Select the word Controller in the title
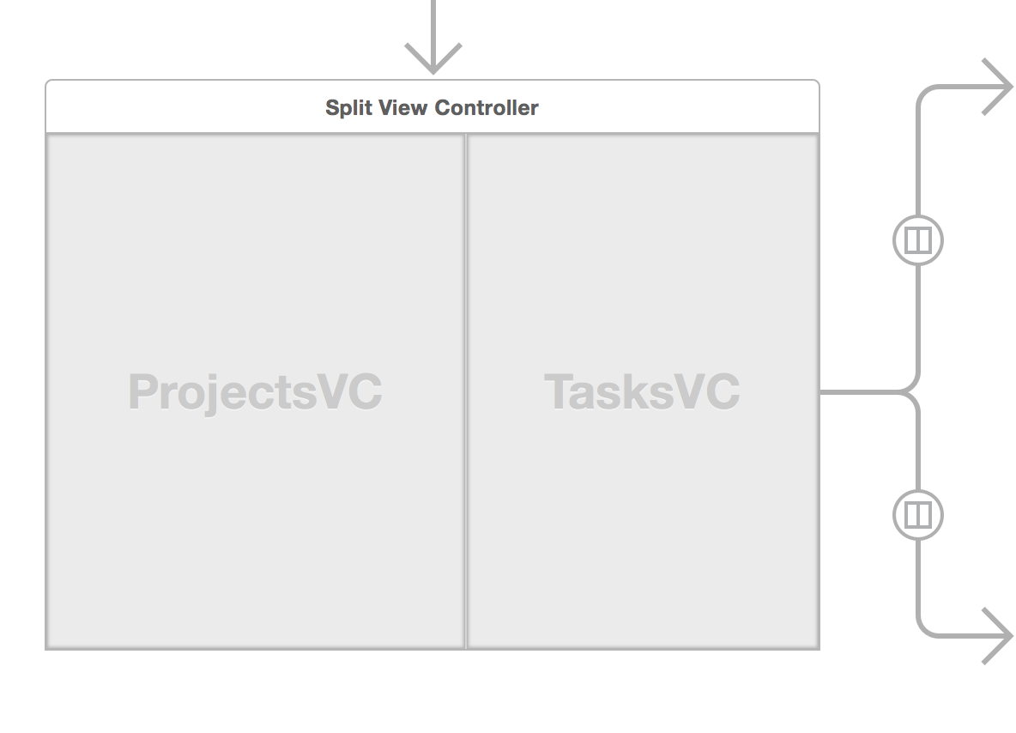(x=487, y=108)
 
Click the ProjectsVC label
(x=255, y=392)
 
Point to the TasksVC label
(x=642, y=392)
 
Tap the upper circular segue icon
(x=918, y=239)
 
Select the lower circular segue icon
(x=918, y=515)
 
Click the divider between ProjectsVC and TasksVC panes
(x=466, y=391)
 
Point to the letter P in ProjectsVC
(x=143, y=393)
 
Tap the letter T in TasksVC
(x=559, y=392)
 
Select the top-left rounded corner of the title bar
(x=49, y=83)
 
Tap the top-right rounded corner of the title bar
(x=816, y=83)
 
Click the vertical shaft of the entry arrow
(x=433, y=21)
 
